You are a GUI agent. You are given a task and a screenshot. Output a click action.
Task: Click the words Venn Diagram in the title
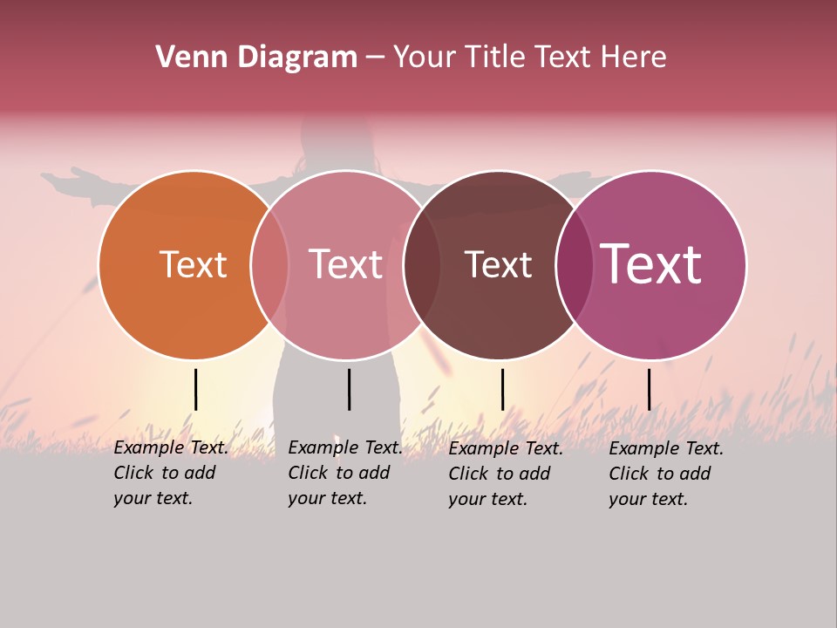[x=256, y=58]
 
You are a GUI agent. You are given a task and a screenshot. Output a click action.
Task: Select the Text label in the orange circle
[x=193, y=264]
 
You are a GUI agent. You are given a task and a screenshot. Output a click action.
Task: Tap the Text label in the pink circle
[x=345, y=264]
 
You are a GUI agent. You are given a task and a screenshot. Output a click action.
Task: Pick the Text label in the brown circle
[x=498, y=264]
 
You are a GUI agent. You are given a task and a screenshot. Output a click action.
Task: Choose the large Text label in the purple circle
[x=651, y=263]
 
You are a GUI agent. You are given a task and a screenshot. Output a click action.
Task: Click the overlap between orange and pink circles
[x=269, y=265]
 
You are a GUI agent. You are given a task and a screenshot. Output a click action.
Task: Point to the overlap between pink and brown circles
[x=422, y=265]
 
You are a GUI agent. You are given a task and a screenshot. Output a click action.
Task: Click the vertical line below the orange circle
[x=195, y=389]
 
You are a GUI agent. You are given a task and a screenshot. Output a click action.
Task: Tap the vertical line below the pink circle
[x=349, y=389]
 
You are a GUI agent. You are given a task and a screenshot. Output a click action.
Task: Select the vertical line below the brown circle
[x=502, y=389]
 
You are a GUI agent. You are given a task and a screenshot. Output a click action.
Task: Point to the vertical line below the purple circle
[x=649, y=389]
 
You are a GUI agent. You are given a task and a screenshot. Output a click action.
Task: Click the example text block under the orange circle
[x=170, y=473]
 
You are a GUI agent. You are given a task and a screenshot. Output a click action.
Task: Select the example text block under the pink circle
[x=344, y=473]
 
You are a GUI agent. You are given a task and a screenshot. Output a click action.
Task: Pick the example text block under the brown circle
[x=505, y=474]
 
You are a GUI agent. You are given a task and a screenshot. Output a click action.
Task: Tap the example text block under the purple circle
[x=665, y=474]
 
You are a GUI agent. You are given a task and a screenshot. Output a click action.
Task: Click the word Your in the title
[x=425, y=58]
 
